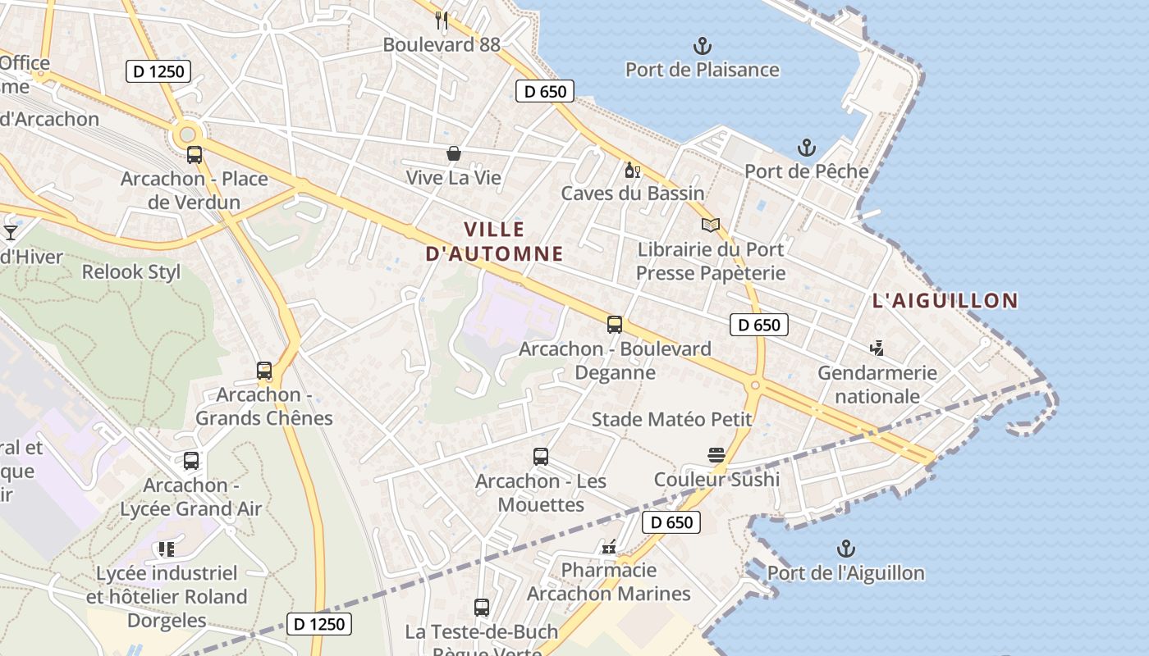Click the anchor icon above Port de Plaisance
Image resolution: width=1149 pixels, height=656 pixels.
702,45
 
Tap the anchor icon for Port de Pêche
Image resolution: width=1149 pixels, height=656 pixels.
807,148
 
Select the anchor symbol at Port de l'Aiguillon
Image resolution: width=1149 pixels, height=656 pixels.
845,549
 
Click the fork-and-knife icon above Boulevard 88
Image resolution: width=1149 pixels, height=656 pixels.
442,20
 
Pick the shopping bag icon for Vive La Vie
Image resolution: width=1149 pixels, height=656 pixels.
453,153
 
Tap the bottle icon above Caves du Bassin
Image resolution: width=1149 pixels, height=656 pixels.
632,170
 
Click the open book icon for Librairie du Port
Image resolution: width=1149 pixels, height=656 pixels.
710,225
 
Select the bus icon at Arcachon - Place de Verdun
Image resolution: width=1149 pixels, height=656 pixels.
195,154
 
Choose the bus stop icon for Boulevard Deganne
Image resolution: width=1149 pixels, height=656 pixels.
615,325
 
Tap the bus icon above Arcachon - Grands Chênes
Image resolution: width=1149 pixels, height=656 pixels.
263,371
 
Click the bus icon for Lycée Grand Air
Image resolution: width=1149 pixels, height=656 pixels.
191,461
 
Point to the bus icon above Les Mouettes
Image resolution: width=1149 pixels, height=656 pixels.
540,457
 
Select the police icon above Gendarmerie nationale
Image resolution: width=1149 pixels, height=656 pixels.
877,348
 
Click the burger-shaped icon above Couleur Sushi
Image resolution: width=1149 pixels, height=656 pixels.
716,455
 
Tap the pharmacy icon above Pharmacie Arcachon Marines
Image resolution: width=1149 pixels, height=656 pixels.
609,546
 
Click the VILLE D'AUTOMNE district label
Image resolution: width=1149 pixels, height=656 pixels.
495,241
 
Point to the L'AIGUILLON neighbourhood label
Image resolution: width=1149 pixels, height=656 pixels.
945,301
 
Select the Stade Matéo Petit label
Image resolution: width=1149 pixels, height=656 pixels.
671,420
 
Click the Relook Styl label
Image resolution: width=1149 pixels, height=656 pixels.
130,272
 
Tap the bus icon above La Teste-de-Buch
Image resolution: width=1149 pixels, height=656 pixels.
482,608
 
